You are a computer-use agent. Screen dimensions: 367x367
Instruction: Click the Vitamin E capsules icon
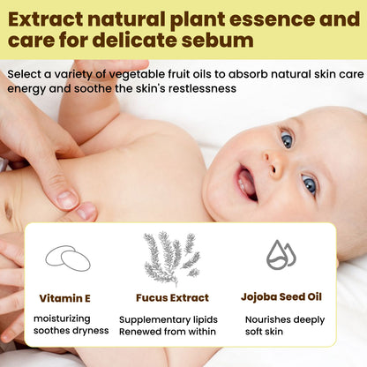coord(68,258)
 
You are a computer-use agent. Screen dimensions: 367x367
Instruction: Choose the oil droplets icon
coord(281,255)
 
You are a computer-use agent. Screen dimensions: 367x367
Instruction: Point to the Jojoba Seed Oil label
coord(282,297)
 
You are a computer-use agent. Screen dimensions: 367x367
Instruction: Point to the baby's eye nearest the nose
coord(287,139)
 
